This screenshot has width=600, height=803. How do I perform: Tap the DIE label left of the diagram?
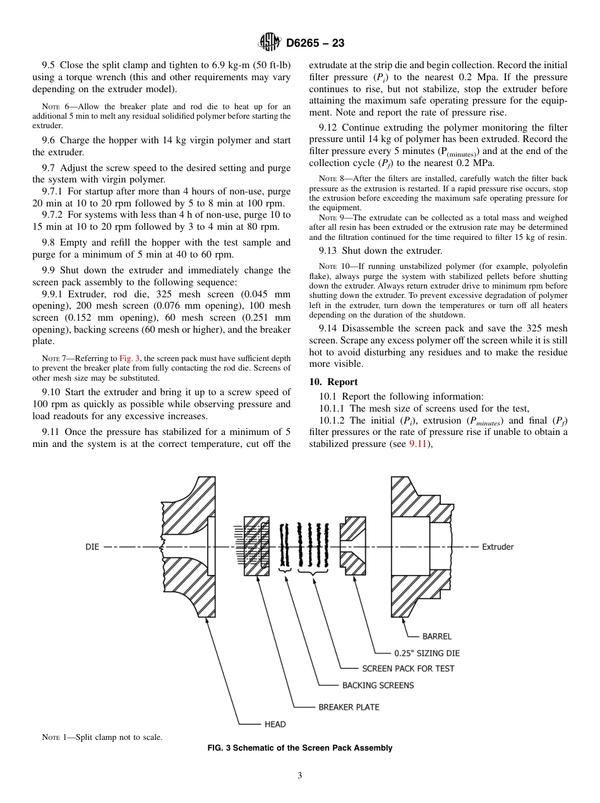pos(92,547)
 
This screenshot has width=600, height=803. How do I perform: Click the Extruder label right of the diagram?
pos(498,547)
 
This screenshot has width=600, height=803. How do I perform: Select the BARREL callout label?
pos(437,636)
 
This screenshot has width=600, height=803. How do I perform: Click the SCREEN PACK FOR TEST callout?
pos(408,669)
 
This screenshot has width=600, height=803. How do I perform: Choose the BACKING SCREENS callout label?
pos(378,686)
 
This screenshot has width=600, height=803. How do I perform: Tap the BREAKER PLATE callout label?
pos(349,707)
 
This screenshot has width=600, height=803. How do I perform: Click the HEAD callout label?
pos(275,724)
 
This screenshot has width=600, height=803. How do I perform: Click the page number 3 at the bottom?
pos(300,776)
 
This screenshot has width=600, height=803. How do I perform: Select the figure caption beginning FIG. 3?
pos(300,748)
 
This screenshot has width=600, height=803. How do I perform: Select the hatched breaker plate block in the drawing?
pos(258,547)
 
